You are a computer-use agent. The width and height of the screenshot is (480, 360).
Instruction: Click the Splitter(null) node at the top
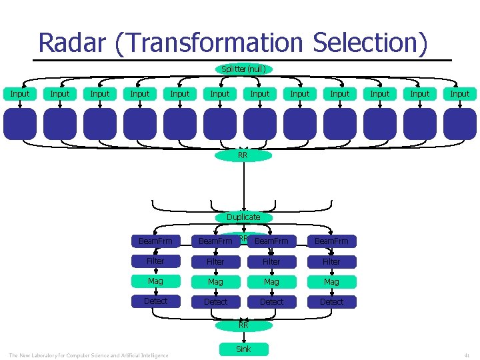[x=243, y=69]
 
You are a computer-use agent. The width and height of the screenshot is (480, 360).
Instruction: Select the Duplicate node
[x=243, y=217]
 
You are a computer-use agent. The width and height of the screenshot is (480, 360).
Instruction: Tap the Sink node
[x=243, y=349]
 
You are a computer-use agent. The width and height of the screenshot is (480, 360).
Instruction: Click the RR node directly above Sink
[x=243, y=325]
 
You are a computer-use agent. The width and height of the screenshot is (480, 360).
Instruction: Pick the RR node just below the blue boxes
[x=243, y=155]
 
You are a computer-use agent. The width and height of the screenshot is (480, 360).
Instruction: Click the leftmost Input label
[x=20, y=94]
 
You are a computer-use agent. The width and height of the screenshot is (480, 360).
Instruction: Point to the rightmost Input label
[x=459, y=94]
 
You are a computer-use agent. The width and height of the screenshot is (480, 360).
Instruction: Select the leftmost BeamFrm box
[x=155, y=241]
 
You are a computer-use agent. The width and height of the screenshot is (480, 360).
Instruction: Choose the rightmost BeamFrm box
[x=331, y=241]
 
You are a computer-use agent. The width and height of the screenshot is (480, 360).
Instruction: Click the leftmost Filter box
[x=155, y=261]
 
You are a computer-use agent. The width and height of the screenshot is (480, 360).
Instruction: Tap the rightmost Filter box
[x=331, y=261]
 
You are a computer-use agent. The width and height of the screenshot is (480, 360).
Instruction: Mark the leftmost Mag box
[x=155, y=281]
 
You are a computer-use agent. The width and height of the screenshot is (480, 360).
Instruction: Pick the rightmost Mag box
[x=331, y=281]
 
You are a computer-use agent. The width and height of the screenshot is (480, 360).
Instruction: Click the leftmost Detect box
[x=155, y=301]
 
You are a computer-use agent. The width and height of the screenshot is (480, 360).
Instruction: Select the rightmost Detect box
[x=331, y=301]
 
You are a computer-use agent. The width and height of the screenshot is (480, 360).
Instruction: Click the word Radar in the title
[x=73, y=43]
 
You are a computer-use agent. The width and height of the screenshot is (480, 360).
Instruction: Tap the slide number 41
[x=467, y=355]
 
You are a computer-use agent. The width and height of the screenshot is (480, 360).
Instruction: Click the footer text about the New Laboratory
[x=89, y=355]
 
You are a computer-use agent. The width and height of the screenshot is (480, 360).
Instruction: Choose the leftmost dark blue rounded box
[x=20, y=124]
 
